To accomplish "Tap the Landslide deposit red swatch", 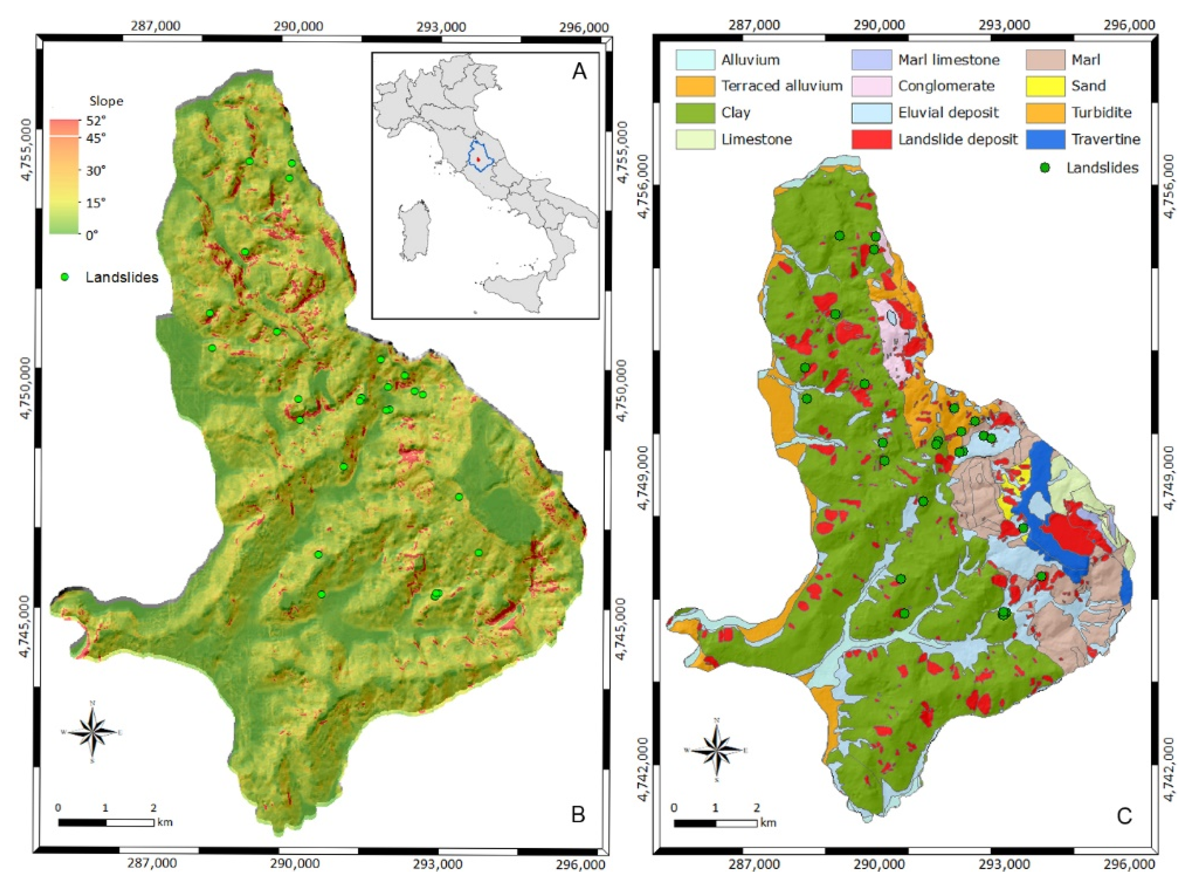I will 871,139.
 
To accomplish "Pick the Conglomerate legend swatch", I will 871,86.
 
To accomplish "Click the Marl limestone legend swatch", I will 871,60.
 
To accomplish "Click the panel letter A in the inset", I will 579,71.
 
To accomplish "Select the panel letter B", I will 578,814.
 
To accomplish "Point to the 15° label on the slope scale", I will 97,203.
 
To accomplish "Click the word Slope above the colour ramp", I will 106,101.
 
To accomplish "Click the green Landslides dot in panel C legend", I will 1045,168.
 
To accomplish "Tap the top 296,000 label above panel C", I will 1135,24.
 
